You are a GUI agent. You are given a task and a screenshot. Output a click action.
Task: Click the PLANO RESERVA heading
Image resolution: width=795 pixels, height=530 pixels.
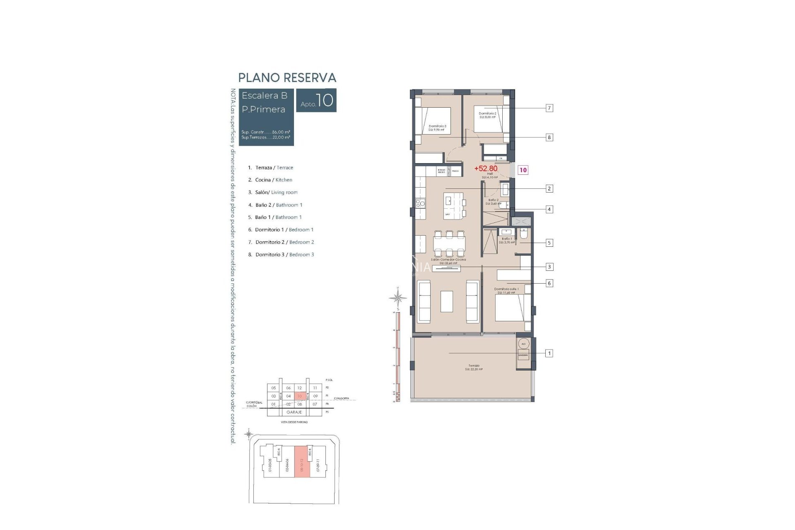(x=287, y=78)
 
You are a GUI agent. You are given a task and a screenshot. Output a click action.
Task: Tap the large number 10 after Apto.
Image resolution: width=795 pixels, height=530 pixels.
(x=325, y=100)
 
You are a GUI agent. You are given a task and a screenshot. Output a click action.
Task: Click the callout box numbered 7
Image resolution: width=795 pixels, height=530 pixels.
(x=549, y=108)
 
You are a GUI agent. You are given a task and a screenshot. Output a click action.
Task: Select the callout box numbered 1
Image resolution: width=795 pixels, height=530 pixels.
(x=549, y=353)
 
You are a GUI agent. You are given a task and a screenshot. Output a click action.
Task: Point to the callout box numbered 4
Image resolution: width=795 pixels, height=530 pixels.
(x=549, y=209)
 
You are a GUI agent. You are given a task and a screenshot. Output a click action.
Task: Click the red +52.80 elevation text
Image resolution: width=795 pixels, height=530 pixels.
(x=486, y=169)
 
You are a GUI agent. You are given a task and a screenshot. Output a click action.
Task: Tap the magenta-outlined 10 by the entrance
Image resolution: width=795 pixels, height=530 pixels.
(x=523, y=170)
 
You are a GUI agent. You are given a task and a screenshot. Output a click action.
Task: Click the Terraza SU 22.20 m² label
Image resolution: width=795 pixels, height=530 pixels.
(x=474, y=367)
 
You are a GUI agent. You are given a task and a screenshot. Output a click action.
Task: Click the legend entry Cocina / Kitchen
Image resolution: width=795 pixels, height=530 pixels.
(x=273, y=180)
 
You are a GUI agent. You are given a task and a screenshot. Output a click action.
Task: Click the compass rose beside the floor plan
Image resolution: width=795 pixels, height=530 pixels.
(x=398, y=297)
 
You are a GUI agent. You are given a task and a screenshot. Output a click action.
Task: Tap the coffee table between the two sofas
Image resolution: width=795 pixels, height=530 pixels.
(x=446, y=301)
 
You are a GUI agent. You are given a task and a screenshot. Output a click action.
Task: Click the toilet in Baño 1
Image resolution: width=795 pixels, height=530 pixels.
(x=523, y=235)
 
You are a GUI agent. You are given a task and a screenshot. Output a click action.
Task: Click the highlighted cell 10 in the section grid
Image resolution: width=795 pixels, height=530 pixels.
(x=299, y=396)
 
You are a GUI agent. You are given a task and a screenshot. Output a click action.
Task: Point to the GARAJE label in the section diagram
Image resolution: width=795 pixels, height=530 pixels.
(x=294, y=412)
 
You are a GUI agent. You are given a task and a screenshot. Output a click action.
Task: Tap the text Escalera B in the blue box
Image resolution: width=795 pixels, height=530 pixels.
(x=264, y=96)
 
